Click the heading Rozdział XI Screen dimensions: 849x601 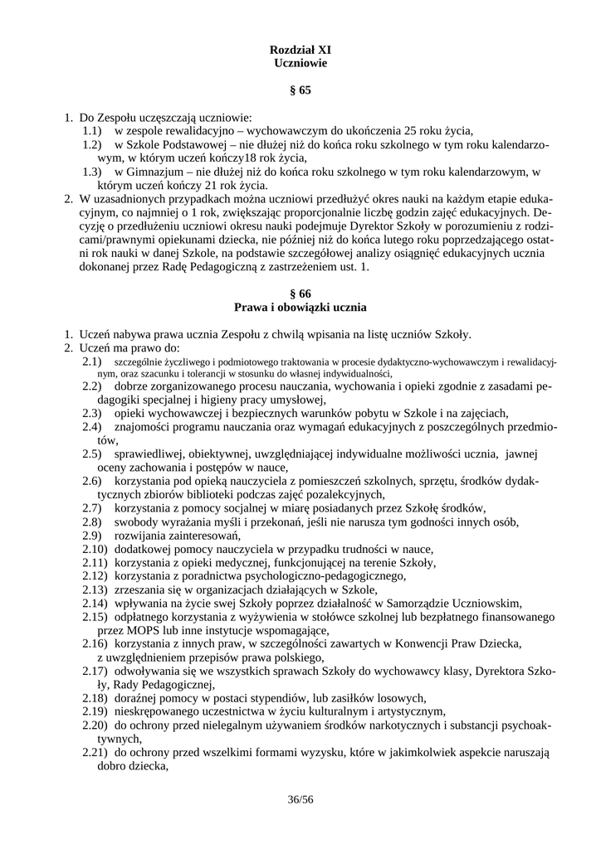[300, 50]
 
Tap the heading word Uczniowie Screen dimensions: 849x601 [300, 63]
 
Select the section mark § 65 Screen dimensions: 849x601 [300, 90]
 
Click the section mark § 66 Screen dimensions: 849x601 [300, 294]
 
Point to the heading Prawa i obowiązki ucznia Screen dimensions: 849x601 [300, 307]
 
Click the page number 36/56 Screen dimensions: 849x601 [300, 799]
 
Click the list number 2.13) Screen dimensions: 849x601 [95, 589]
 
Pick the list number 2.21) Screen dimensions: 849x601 [95, 753]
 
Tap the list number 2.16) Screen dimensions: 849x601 [95, 643]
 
